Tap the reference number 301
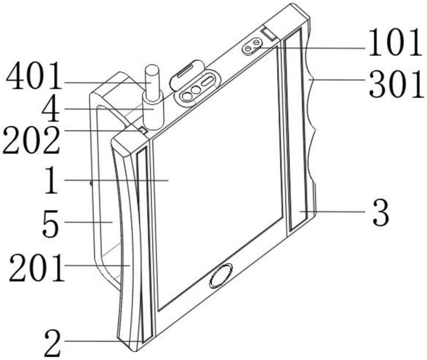pyautogui.click(x=396, y=84)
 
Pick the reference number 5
pyautogui.click(x=50, y=223)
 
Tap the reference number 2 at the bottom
pyautogui.click(x=53, y=343)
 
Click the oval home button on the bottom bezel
pyautogui.click(x=221, y=275)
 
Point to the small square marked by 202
pyautogui.click(x=143, y=131)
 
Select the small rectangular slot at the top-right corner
pyautogui.click(x=269, y=34)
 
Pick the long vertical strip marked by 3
pyautogui.click(x=296, y=130)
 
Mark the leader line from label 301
pyautogui.click(x=338, y=80)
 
